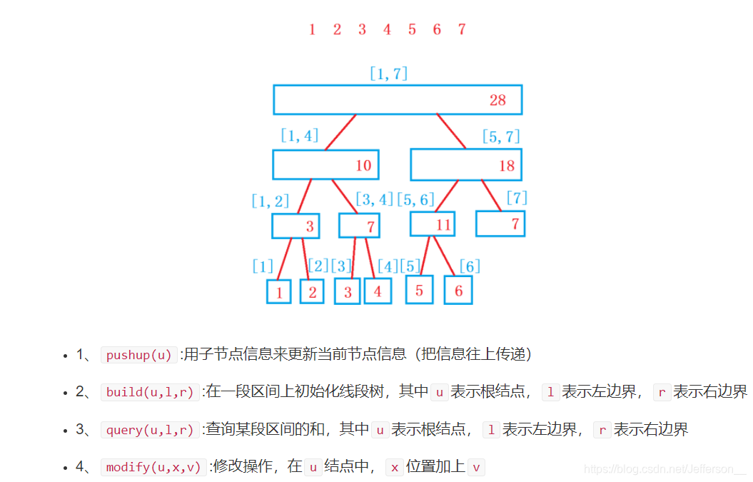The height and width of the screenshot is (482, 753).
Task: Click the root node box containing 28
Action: [398, 100]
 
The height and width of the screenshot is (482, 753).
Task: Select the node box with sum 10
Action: [325, 165]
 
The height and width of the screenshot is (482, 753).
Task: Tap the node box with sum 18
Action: [466, 165]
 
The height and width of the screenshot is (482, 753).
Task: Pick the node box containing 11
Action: [433, 224]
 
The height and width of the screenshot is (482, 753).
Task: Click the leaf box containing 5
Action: [420, 290]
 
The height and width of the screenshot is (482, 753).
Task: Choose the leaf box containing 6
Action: [458, 291]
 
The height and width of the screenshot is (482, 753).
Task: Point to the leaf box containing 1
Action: [279, 291]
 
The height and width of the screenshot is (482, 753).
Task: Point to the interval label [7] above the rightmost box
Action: [517, 198]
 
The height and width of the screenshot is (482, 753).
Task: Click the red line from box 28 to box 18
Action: [451, 131]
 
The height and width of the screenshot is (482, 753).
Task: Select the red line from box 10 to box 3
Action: [305, 196]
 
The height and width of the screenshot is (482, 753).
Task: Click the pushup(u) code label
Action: [139, 355]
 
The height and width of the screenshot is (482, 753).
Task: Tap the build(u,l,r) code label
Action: [150, 392]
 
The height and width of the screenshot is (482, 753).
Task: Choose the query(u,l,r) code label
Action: [150, 430]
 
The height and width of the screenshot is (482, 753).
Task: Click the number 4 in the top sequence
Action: [387, 29]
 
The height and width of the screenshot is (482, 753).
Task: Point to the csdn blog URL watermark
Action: [664, 469]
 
